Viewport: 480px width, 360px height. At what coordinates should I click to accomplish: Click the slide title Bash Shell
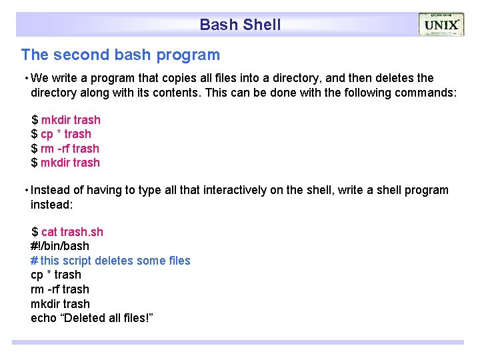coord(240,25)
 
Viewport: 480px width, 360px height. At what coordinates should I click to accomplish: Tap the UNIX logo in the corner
coord(441,25)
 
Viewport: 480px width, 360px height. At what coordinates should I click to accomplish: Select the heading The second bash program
coord(120,55)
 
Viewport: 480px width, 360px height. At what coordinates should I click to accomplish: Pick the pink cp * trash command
coord(66,134)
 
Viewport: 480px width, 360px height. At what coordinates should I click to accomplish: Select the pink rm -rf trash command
coord(70,149)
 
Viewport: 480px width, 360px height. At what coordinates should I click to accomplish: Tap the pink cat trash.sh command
coord(72,232)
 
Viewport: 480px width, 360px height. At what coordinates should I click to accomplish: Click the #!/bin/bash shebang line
coord(60,246)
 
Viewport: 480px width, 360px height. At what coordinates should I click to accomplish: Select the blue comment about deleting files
coord(111,261)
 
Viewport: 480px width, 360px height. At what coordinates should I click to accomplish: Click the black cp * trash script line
coord(56,275)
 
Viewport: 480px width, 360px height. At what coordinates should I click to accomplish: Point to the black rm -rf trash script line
coord(60,289)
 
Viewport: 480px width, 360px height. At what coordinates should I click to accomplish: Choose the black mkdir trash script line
coord(60,304)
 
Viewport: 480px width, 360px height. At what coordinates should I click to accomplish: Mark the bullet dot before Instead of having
coord(25,190)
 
